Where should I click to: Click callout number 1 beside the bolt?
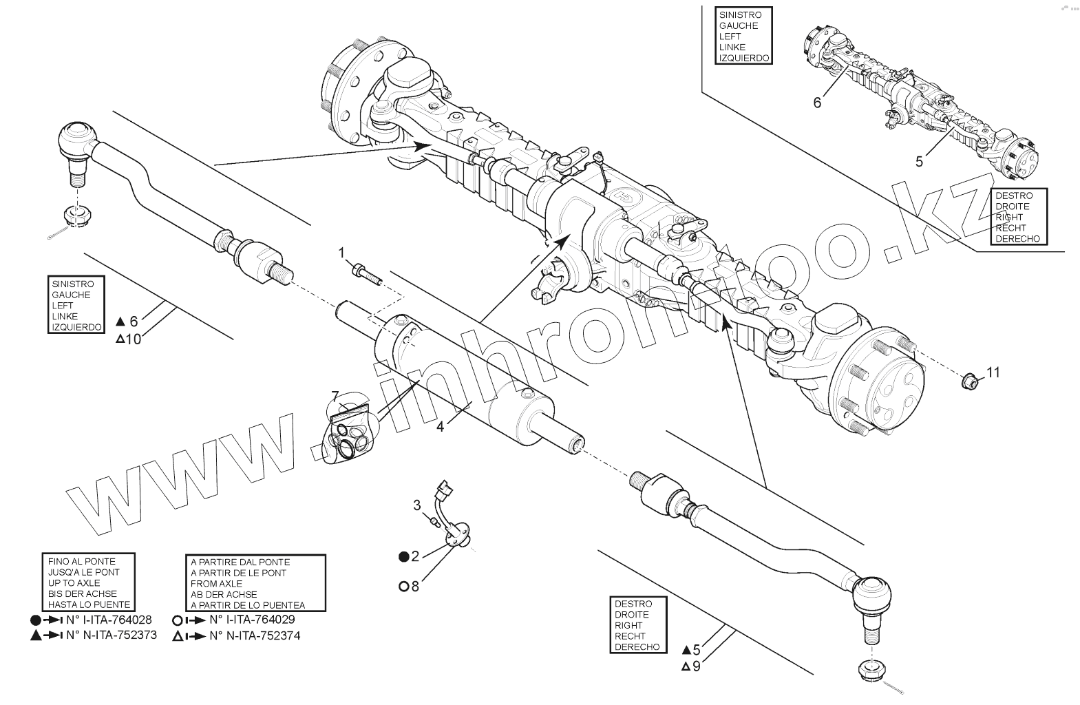coord(341,253)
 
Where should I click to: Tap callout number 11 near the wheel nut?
coord(993,372)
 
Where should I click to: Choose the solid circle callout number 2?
coord(415,556)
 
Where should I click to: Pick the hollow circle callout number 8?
coord(415,586)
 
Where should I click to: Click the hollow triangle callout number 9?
coord(697,666)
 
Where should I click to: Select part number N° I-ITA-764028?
coord(109,619)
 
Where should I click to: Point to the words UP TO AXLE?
coord(74,583)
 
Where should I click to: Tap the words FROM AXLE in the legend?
coord(216,583)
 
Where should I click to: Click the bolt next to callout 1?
coord(366,274)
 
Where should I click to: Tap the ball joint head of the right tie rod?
coord(872,593)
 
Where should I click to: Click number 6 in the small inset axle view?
coord(817,103)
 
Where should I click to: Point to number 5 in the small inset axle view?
coord(919,162)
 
